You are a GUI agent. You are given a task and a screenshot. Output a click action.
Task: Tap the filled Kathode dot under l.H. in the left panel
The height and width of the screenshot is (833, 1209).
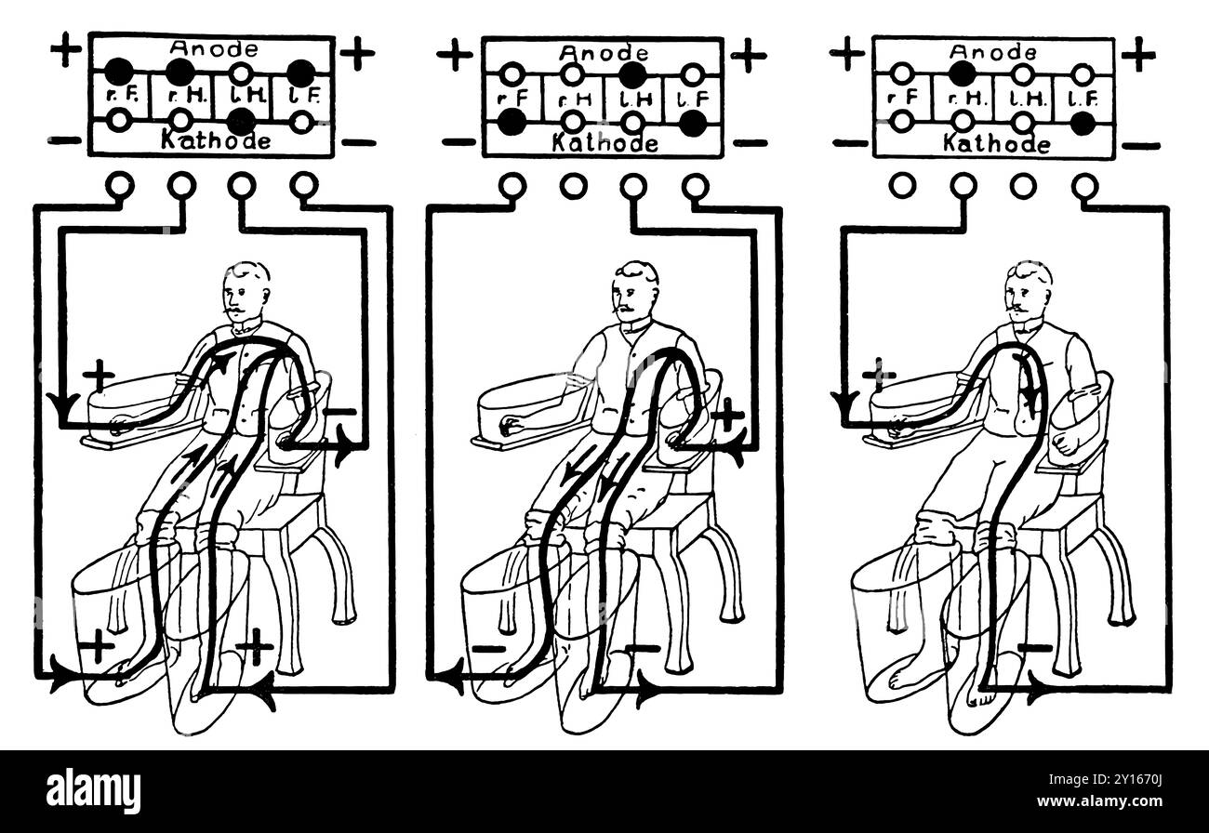[241, 121]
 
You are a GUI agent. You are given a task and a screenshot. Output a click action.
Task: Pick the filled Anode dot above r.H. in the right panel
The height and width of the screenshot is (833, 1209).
[963, 73]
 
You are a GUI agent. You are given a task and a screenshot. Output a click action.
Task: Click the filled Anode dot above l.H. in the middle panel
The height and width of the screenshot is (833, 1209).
[632, 73]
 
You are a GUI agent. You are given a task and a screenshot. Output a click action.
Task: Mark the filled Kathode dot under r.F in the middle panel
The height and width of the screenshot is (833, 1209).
[511, 121]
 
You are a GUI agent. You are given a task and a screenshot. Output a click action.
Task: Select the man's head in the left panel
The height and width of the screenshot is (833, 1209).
[246, 284]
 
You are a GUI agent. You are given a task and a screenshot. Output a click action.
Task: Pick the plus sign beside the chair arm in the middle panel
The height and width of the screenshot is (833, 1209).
[728, 414]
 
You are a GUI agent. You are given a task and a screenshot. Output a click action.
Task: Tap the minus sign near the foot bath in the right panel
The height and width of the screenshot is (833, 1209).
[1034, 647]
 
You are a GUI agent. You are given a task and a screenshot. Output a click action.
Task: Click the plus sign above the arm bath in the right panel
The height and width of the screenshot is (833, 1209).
[879, 376]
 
